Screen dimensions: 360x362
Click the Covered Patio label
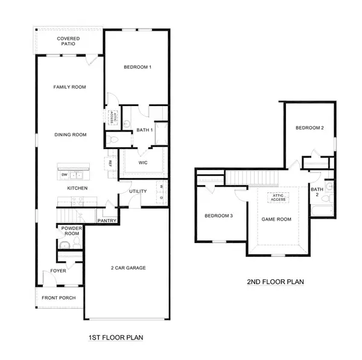pyautogui.click(x=68, y=42)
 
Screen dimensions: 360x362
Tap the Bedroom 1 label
pyautogui.click(x=137, y=67)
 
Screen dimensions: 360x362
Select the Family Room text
pyautogui.click(x=69, y=87)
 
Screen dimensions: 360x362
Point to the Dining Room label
pyautogui.click(x=71, y=135)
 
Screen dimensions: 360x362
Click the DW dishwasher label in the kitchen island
pyautogui.click(x=65, y=175)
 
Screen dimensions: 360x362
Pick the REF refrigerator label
pyautogui.click(x=110, y=163)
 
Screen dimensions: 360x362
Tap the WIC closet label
pyautogui.click(x=143, y=163)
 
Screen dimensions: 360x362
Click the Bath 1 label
pyautogui.click(x=145, y=130)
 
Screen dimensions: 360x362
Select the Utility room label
pyautogui.click(x=138, y=192)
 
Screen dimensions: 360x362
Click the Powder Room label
pyautogui.click(x=69, y=232)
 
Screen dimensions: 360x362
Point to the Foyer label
pyautogui.click(x=58, y=271)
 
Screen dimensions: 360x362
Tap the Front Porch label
pyautogui.click(x=59, y=298)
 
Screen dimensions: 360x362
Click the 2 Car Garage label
pyautogui.click(x=128, y=268)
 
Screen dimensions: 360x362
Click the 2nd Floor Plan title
pyautogui.click(x=275, y=282)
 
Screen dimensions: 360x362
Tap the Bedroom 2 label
pyautogui.click(x=310, y=128)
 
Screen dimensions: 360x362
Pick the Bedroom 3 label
pyautogui.click(x=218, y=216)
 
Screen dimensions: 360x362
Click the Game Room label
pyautogui.click(x=276, y=219)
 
